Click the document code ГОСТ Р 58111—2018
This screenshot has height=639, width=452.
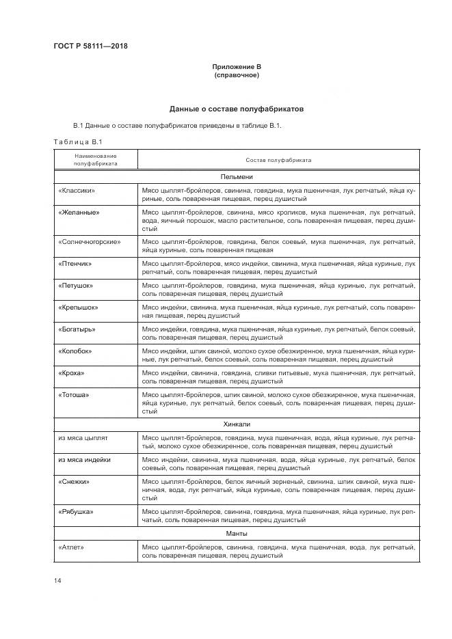[90, 46]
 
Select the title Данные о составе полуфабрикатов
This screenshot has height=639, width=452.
[236, 109]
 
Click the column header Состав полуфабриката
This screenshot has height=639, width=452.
[278, 160]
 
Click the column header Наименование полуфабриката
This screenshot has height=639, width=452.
[96, 160]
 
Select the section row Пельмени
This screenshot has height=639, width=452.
[237, 176]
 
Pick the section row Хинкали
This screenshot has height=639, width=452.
[237, 424]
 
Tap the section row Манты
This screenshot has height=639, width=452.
[237, 533]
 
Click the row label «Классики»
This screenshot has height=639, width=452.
[77, 190]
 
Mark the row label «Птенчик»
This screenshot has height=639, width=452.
[76, 263]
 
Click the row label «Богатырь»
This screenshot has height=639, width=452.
[77, 329]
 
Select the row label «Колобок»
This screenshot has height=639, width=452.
[75, 351]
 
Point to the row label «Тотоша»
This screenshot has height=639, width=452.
[75, 395]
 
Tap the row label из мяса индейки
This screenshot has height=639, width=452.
[85, 460]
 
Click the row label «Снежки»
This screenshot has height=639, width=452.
[75, 482]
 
